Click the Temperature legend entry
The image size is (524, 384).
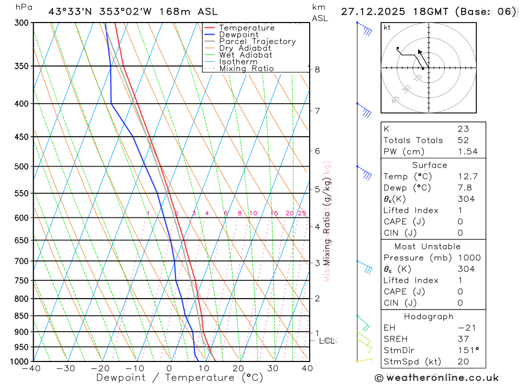pos(246,28)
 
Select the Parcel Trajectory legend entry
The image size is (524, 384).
pos(257,41)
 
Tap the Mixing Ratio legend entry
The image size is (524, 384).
pos(246,69)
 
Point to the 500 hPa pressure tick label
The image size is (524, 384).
pos(21,167)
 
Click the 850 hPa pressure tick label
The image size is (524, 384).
pos(21,316)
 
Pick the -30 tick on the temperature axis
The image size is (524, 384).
pos(66,368)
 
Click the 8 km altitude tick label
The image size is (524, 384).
pos(317,69)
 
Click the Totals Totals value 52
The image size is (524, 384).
pos(463,140)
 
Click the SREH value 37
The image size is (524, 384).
pos(463,338)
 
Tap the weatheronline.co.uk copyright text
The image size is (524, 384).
pos(437,378)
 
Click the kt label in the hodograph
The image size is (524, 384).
pos(387,27)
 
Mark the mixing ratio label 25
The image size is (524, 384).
pos(302,213)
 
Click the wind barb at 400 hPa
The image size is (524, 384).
pos(364,110)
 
